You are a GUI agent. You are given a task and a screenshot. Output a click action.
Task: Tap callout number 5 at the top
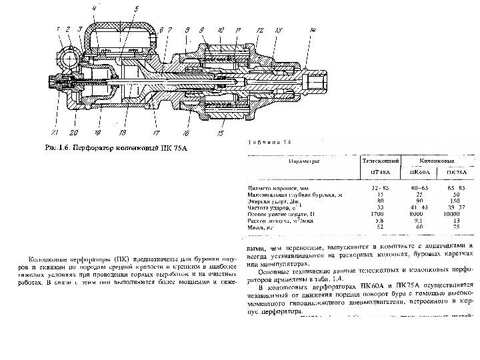[x=136, y=9]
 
